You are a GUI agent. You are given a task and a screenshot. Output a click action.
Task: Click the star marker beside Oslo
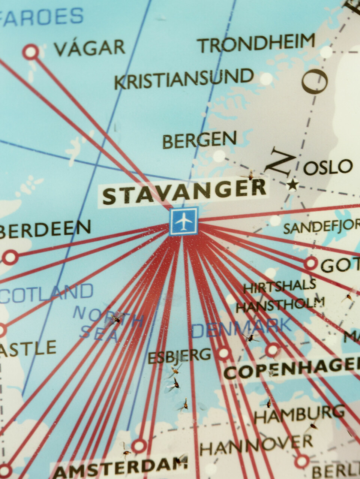pyautogui.click(x=292, y=184)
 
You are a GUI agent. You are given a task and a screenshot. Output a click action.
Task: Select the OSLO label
pyautogui.click(x=328, y=167)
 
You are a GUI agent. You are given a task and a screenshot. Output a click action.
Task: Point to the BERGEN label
pyautogui.click(x=199, y=140)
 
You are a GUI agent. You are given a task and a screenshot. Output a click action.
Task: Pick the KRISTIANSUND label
pyautogui.click(x=184, y=79)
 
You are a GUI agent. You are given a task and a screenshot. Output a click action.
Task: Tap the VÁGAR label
pyautogui.click(x=89, y=48)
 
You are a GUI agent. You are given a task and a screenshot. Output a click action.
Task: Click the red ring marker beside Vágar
pyautogui.click(x=31, y=51)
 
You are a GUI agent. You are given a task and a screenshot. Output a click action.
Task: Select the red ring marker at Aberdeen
pyautogui.click(x=10, y=257)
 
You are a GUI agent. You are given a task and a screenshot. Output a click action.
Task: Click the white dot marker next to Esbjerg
pyautogui.click(x=223, y=353)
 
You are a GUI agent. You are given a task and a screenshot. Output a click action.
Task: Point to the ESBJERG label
pyautogui.click(x=179, y=356)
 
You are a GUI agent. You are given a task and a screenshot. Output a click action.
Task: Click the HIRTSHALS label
pyautogui.click(x=279, y=287)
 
